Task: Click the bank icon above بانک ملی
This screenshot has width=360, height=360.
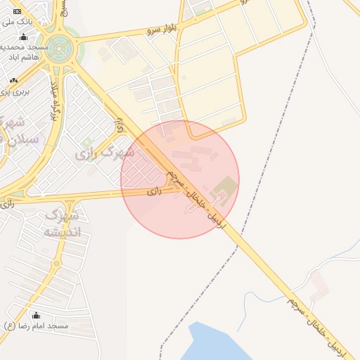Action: click(17, 13)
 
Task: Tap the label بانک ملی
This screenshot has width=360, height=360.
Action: click(14, 22)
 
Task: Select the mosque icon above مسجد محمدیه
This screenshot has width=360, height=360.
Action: click(25, 37)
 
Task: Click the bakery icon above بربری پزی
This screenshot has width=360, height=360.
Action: click(13, 82)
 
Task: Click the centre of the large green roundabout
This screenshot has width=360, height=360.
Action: click(60, 49)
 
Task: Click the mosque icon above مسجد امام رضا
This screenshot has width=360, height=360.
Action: click(36, 316)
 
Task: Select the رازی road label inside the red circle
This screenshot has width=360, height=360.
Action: click(155, 190)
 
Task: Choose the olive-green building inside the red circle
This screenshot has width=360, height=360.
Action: click(226, 186)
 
